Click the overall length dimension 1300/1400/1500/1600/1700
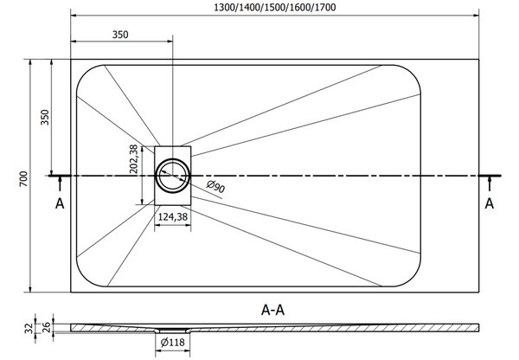(x=275, y=7)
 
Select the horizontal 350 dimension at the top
(x=120, y=35)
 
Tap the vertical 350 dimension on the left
(x=45, y=117)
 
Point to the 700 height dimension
(x=23, y=179)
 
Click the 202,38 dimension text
(x=133, y=159)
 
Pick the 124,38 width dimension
(x=173, y=217)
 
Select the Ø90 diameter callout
(x=215, y=187)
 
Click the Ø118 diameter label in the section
(x=173, y=342)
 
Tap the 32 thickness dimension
(x=29, y=328)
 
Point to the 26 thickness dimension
(x=47, y=327)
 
